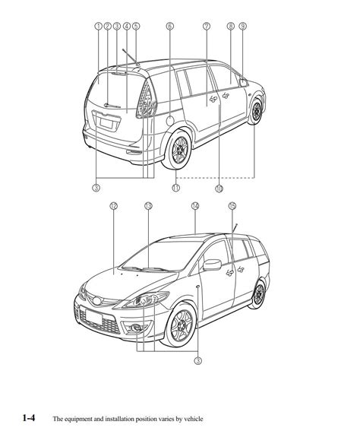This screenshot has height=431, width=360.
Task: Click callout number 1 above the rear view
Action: pyautogui.click(x=98, y=26)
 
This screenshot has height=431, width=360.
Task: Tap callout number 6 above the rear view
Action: pyautogui.click(x=169, y=26)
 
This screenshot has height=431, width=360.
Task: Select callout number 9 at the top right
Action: pyautogui.click(x=242, y=26)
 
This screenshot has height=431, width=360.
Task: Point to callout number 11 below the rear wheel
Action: pyautogui.click(x=175, y=188)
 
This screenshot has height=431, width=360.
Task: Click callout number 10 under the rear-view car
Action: pyautogui.click(x=219, y=189)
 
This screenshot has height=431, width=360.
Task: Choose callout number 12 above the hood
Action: pyautogui.click(x=113, y=206)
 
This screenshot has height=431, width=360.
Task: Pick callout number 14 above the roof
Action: pyautogui.click(x=195, y=206)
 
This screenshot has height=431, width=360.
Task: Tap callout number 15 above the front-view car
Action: pyautogui.click(x=232, y=206)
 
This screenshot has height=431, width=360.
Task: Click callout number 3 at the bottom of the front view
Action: pyautogui.click(x=197, y=360)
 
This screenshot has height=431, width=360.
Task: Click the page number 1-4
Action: pyautogui.click(x=29, y=418)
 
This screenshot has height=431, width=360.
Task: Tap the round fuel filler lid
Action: pyautogui.click(x=170, y=121)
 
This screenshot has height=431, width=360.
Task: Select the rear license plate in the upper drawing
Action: pyautogui.click(x=106, y=123)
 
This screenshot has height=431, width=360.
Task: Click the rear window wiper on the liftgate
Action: pyautogui.click(x=112, y=105)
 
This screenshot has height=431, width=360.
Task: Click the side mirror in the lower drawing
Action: pyautogui.click(x=212, y=265)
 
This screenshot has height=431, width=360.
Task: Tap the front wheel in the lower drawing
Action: pyautogui.click(x=182, y=326)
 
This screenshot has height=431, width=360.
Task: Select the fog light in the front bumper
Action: pyautogui.click(x=136, y=328)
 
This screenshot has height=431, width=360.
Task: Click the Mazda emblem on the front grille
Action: pyautogui.click(x=97, y=301)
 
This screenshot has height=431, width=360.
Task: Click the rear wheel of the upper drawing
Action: pyautogui.click(x=178, y=149)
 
